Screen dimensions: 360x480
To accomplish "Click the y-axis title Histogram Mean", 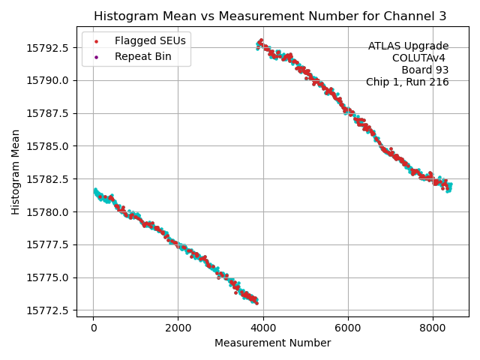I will point(16,172).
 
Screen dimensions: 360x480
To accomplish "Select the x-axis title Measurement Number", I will point(272,343).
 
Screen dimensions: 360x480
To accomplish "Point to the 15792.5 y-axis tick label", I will point(49,47).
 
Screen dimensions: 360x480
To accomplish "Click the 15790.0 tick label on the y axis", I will point(49,80).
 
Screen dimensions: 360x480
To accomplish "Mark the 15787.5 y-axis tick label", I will point(49,113).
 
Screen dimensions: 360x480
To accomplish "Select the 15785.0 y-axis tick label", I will point(49,146).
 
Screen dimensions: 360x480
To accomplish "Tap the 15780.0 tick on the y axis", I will point(49,211).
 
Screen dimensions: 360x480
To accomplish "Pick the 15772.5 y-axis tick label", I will point(49,310).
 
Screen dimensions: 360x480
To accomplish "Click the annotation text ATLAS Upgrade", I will point(408,46).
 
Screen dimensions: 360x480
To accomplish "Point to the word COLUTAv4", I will point(420,58).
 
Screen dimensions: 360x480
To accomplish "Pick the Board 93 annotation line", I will point(425,70).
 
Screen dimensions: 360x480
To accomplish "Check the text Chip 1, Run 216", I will point(407,82).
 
